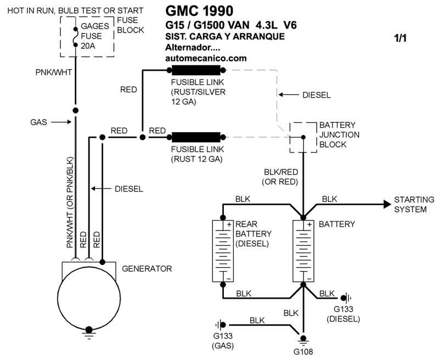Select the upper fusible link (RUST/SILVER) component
pos(196,70)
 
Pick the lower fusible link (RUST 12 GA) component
pos(196,137)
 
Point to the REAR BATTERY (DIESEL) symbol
pos(223,251)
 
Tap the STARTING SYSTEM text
pos(414,205)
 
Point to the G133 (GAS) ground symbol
pos(221,325)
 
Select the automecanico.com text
pos(206,58)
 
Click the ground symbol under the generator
pos(88,331)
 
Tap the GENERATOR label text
pos(147,269)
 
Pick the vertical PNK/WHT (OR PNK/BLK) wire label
pos(70,203)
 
